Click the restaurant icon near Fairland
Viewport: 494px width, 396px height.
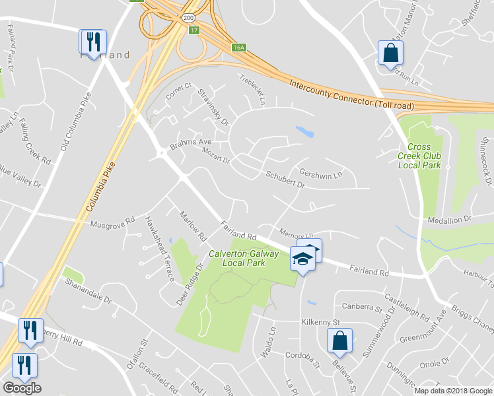90,42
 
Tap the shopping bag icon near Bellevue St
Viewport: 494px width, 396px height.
339,341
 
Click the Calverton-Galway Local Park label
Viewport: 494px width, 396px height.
236,258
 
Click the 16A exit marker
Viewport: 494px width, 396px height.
239,48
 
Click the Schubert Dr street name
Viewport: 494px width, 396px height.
285,180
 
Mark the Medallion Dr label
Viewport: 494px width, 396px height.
451,218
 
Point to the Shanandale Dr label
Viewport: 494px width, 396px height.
88,288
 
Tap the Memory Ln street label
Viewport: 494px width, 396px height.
295,234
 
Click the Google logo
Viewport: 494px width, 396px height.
22,388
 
